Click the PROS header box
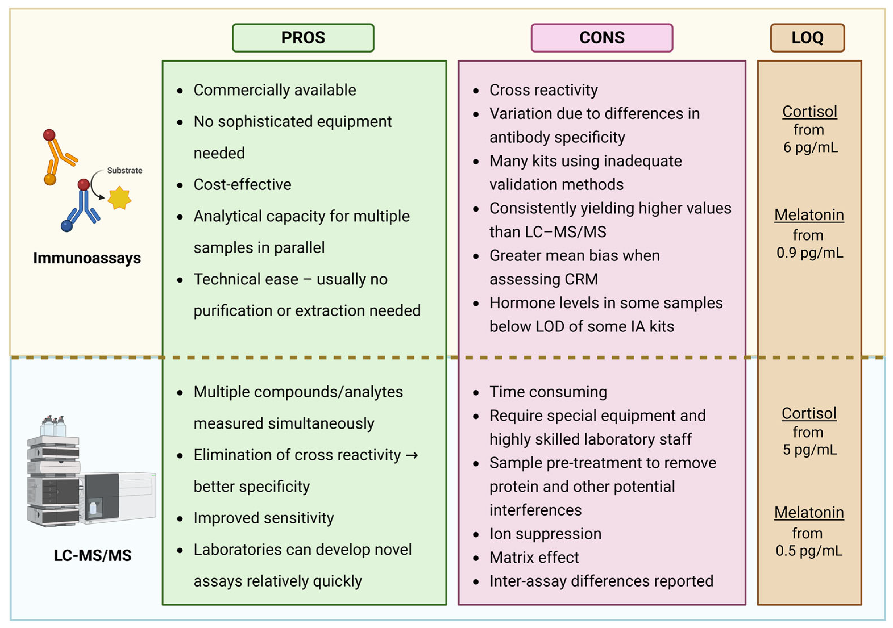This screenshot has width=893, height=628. coord(303,38)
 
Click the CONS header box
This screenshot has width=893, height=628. coord(602,38)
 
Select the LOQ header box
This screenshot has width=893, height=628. coord(807,38)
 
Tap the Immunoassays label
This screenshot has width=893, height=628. coord(87,258)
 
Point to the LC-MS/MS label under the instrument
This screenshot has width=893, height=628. coord(93,555)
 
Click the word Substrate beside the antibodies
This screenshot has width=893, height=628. coord(124,170)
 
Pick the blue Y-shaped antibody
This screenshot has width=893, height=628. coord(82,208)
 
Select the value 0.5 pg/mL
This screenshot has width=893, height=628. coord(809,551)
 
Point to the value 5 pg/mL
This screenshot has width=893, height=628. coord(810,450)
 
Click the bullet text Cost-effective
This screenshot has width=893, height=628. coord(242,185)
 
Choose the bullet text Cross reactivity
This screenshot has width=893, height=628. coord(543,90)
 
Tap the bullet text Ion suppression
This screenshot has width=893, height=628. coord(545,534)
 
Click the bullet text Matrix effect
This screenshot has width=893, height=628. coord(534,558)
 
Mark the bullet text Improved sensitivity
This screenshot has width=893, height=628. coord(264,518)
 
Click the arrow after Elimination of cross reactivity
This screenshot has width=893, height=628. coord(412,455)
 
